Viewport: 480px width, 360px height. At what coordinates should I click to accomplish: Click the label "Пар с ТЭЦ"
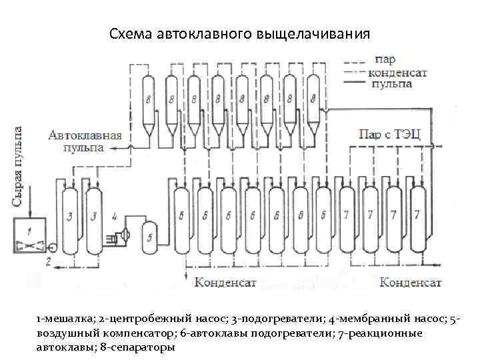pos(390,133)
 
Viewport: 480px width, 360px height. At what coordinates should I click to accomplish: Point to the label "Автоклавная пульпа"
pos(85,141)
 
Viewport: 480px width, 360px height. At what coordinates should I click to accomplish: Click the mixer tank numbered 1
pos(28,234)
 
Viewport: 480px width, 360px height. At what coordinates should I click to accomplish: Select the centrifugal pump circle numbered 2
pos(53,248)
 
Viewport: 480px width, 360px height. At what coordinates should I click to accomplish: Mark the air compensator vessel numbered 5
pos(150,236)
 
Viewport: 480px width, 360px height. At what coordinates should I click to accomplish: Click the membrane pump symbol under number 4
pos(121,235)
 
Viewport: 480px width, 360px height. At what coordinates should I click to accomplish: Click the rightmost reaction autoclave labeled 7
pos(417,214)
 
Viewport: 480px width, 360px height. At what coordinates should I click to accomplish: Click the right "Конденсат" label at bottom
pos(411,282)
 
